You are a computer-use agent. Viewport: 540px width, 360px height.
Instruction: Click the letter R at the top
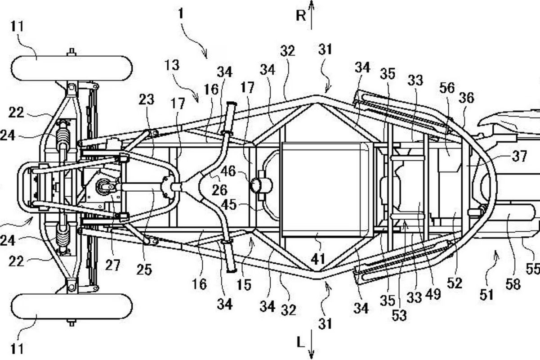301,16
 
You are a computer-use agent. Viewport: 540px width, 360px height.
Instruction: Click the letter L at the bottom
300,342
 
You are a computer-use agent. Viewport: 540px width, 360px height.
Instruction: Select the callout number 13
172,65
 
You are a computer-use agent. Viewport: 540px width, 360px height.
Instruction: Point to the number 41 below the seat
318,259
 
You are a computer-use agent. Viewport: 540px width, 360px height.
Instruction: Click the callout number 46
228,171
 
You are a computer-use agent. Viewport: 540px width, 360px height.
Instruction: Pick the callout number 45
229,205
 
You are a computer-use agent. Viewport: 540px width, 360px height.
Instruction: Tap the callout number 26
219,190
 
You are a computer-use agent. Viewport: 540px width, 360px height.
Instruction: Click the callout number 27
112,265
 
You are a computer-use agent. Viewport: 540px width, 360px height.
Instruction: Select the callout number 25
144,270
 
